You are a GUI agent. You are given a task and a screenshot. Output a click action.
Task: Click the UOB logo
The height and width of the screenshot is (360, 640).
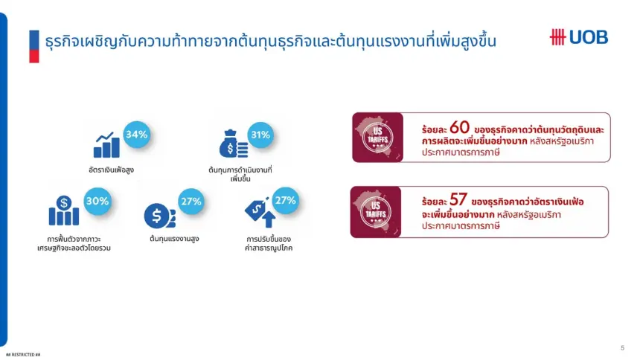pyautogui.click(x=579, y=37)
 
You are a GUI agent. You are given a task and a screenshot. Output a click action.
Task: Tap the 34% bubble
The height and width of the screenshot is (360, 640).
pyautogui.click(x=137, y=135)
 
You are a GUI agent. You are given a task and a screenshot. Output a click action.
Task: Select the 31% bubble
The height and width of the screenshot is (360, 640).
pyautogui.click(x=260, y=135)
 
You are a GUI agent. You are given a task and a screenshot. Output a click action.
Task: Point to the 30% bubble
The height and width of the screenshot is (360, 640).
pyautogui.click(x=97, y=202)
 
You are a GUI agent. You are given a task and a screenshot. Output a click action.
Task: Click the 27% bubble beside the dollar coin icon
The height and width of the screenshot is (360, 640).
pyautogui.click(x=191, y=202)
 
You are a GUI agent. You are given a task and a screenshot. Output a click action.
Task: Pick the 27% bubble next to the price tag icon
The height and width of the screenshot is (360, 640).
pyautogui.click(x=285, y=200)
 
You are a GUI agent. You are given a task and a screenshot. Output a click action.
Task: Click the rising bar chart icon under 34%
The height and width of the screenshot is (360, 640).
pyautogui.click(x=106, y=145)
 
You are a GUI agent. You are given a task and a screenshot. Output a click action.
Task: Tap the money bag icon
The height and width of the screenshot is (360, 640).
pyautogui.click(x=233, y=144)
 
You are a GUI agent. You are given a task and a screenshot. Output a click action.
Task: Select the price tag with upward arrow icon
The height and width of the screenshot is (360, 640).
pyautogui.click(x=260, y=212)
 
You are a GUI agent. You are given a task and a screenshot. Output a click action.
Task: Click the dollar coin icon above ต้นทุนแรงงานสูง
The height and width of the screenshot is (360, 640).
pyautogui.click(x=159, y=216)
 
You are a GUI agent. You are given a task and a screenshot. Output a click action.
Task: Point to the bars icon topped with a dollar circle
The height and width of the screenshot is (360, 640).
pyautogui.click(x=64, y=210)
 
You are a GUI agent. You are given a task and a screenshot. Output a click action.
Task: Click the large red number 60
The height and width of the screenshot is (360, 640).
pyautogui.click(x=460, y=127)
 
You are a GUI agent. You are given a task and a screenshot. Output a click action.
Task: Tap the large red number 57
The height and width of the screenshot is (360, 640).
pyautogui.click(x=458, y=199)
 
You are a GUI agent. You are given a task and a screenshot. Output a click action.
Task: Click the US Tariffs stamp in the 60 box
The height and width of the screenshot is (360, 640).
pyautogui.click(x=377, y=138)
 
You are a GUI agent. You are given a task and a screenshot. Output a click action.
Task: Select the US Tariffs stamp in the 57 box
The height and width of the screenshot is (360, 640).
pyautogui.click(x=376, y=212)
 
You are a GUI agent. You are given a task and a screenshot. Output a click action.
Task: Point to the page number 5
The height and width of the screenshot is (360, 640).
pyautogui.click(x=622, y=348)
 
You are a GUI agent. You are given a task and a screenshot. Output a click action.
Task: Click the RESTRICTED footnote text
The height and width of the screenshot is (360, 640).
pyautogui.click(x=23, y=355)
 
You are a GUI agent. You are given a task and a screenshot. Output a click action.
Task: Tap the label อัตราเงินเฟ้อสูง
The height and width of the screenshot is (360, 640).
pyautogui.click(x=111, y=170)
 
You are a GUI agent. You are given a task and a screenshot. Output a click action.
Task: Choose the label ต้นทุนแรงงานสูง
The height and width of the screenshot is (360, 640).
pyautogui.click(x=174, y=238)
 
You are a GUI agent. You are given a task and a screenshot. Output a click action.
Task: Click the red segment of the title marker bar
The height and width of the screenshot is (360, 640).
pyautogui.click(x=34, y=57)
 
